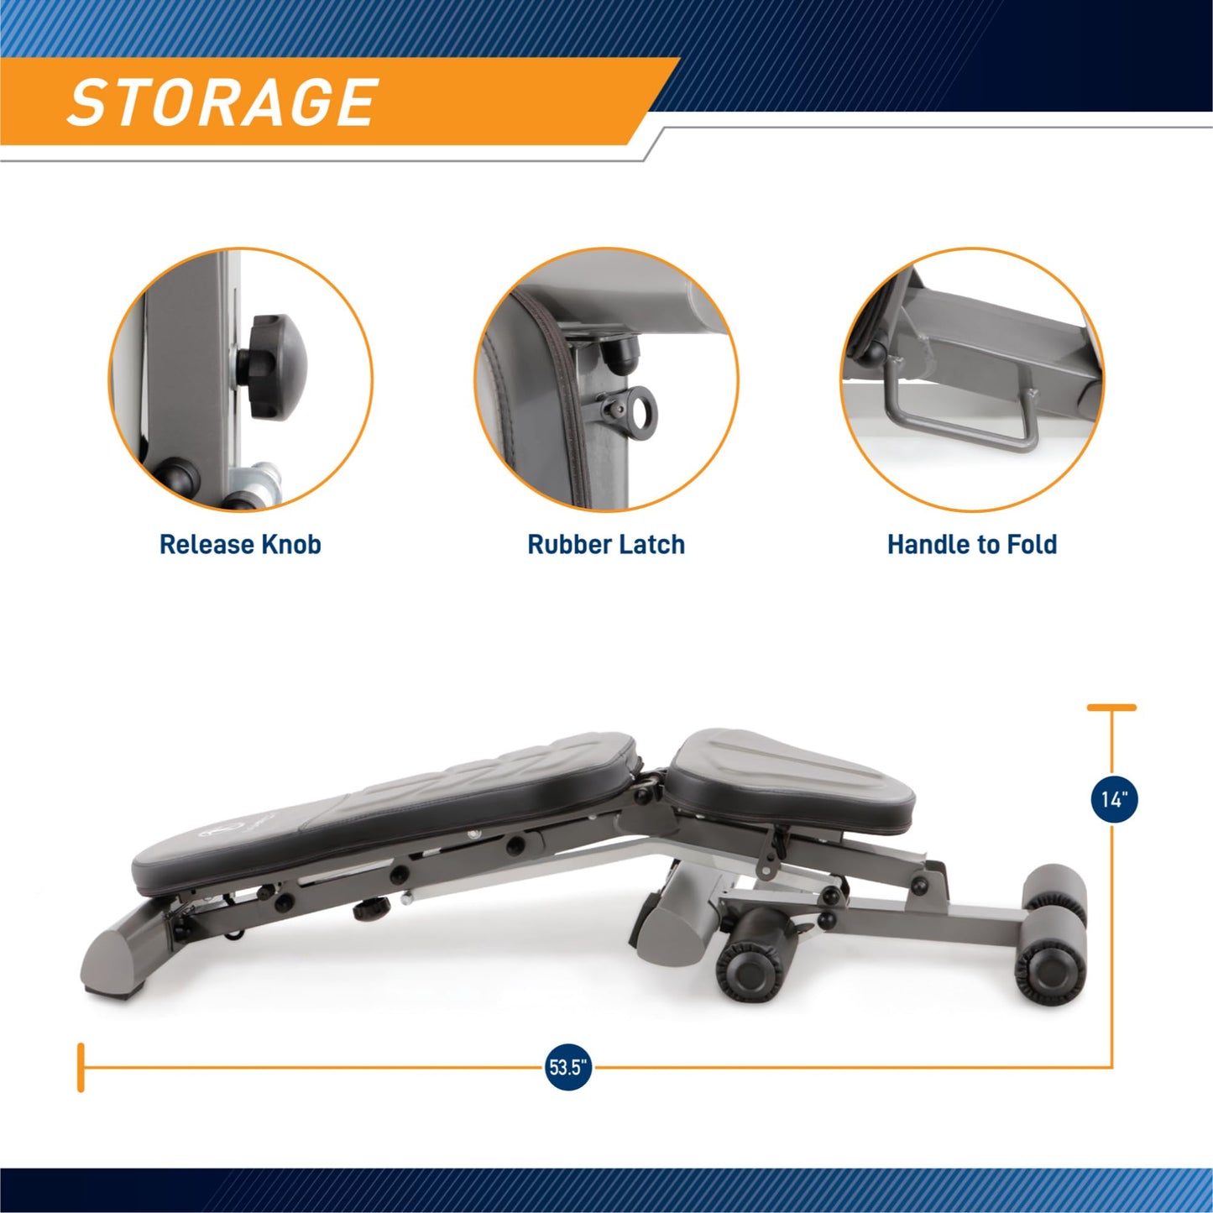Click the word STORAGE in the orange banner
click(x=222, y=102)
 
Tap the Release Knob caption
click(x=240, y=545)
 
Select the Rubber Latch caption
click(x=606, y=545)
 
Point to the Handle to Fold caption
click(x=972, y=545)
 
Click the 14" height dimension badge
click(x=1114, y=800)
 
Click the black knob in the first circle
click(x=272, y=367)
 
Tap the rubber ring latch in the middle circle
click(x=637, y=411)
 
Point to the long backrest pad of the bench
click(x=384, y=812)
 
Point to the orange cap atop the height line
click(x=1112, y=708)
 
